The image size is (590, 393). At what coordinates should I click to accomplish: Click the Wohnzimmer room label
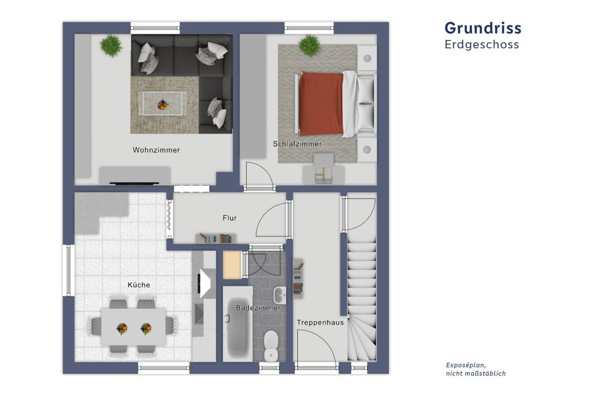(156, 150)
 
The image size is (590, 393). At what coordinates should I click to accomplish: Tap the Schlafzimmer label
(297, 144)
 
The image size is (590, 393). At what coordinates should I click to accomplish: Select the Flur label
(230, 218)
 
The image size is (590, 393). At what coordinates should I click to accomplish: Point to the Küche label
(139, 285)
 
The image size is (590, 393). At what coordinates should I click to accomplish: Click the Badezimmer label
(258, 308)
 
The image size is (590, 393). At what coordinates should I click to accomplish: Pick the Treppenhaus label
(320, 322)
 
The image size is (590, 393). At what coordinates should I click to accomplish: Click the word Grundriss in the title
(483, 28)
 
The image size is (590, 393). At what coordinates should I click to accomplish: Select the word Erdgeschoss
(482, 44)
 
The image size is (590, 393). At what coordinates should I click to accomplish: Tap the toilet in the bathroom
(271, 345)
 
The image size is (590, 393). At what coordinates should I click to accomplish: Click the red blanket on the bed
(321, 104)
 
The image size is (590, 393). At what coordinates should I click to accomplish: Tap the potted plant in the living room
(111, 45)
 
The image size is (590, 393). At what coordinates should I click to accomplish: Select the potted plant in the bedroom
(309, 45)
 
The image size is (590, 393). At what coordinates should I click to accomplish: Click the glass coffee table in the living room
(163, 103)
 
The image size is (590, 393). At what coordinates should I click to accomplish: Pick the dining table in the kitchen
(133, 327)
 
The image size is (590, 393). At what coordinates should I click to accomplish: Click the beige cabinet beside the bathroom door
(232, 265)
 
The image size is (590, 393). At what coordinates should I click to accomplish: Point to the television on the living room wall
(135, 183)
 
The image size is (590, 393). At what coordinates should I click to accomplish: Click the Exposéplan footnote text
(476, 369)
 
